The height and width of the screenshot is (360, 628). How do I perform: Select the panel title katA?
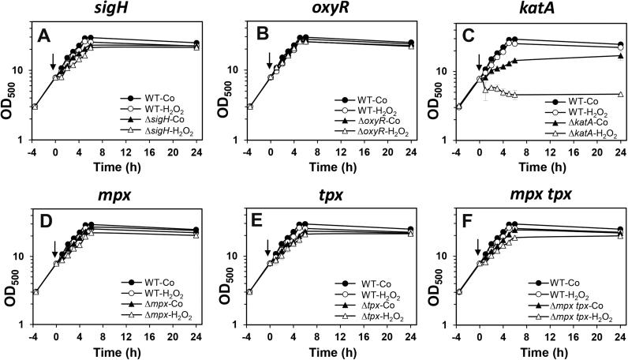(527, 10)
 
